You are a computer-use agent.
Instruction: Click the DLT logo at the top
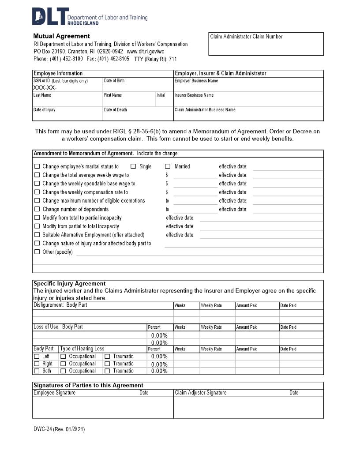pos(51,16)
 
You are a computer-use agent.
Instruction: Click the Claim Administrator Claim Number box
pos(266,43)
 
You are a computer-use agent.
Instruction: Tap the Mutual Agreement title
pos(61,36)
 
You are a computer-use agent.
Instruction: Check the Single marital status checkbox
pos(133,166)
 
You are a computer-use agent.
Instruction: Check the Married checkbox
pos(168,166)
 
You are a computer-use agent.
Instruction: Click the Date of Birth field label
pos(114,81)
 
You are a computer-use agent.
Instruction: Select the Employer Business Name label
pos(196,81)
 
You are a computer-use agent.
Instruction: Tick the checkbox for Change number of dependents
pos(37,209)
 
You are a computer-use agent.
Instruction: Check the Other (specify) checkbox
pos(37,252)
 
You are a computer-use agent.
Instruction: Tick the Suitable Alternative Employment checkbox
pos(37,235)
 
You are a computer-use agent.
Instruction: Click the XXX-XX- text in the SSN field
pos(45,87)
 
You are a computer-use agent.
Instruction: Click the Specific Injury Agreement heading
pos(70,283)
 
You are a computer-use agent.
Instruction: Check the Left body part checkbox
pos(37,357)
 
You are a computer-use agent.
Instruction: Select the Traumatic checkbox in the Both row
pos(107,371)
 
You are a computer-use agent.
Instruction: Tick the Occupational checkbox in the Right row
pos(63,364)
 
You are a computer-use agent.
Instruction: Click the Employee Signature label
pos(54,393)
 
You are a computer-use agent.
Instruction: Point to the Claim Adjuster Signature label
pos(201,393)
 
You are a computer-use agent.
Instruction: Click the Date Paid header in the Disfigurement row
pos(288,305)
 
